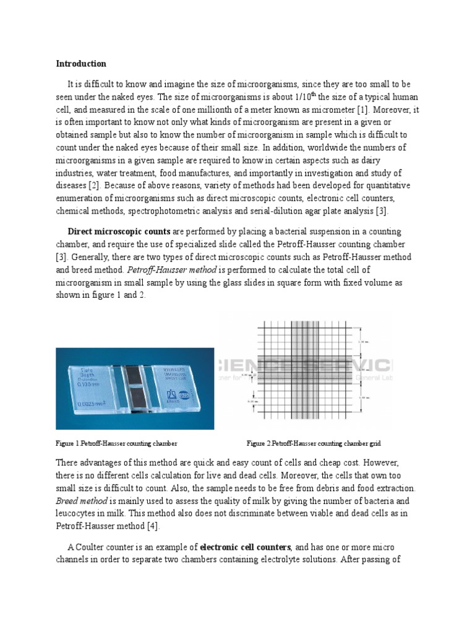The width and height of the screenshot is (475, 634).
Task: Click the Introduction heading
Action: tap(81, 64)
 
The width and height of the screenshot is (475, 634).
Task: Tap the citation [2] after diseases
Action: tap(95, 185)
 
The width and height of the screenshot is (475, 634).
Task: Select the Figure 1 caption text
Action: tap(117, 443)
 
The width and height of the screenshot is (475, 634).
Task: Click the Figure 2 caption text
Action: tap(314, 443)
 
